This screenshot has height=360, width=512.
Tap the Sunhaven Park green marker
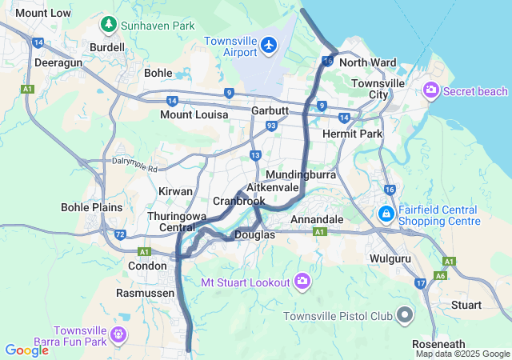point(108,26)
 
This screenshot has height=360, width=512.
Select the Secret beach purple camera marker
point(432,90)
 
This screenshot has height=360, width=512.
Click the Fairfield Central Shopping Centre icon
point(386,214)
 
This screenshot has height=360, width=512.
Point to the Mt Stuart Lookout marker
point(302,281)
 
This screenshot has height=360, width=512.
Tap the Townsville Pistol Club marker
point(406,316)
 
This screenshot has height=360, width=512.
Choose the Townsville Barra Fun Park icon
point(119,334)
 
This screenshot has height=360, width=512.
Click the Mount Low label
point(43,13)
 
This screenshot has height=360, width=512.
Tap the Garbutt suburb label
point(269,110)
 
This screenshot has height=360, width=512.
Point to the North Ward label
point(368,62)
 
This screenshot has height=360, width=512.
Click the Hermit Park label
point(352,134)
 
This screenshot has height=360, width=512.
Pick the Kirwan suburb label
point(175,192)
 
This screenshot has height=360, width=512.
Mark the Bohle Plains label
point(92,207)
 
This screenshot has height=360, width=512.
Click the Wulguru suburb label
point(390,259)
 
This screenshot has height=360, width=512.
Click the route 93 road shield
point(271,126)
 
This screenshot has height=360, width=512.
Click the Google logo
point(26,350)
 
